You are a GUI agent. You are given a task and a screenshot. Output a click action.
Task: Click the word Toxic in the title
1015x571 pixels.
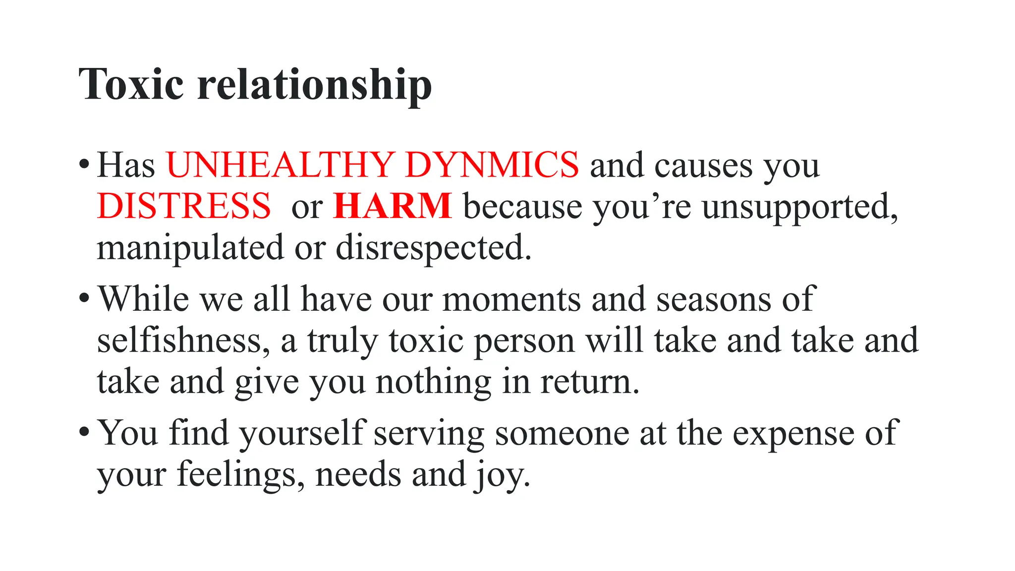[131, 84]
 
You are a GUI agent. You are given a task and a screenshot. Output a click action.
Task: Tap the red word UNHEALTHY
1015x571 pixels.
[280, 165]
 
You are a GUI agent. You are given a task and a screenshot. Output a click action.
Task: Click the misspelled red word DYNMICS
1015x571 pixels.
[492, 165]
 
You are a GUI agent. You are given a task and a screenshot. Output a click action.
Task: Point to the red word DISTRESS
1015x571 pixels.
[184, 206]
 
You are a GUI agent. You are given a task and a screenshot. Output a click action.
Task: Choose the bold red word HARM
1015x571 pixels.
[393, 206]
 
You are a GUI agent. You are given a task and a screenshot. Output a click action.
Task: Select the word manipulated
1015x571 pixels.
[190, 248]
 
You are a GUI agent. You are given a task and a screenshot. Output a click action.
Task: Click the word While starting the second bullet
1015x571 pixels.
[144, 299]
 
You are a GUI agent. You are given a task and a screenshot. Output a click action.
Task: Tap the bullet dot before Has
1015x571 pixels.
[84, 164]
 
